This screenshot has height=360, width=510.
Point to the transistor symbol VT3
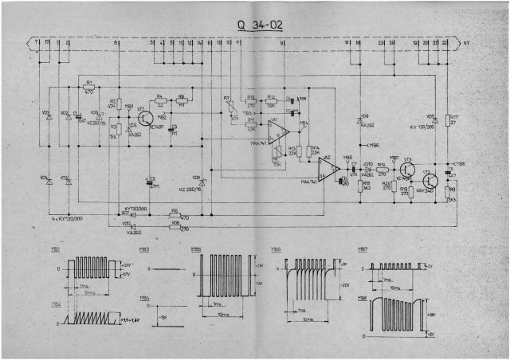click(409, 168)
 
